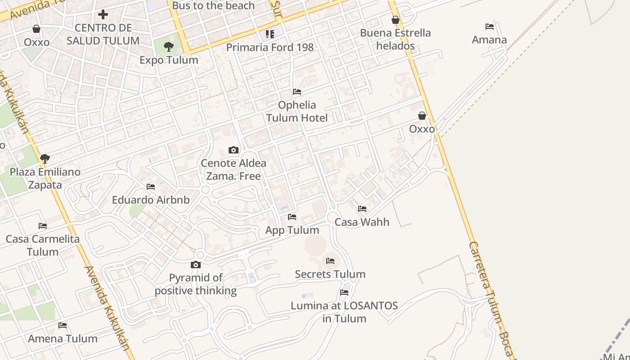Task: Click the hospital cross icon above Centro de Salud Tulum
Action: pyautogui.click(x=103, y=14)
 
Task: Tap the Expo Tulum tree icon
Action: pyautogui.click(x=169, y=46)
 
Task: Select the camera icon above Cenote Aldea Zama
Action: pyautogui.click(x=234, y=150)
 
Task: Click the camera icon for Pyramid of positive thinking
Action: pyautogui.click(x=196, y=265)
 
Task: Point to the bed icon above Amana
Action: pyautogui.click(x=490, y=27)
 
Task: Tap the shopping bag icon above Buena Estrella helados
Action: pyautogui.click(x=396, y=20)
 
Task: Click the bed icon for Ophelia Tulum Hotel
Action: pyautogui.click(x=297, y=92)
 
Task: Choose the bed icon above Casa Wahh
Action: pyautogui.click(x=362, y=209)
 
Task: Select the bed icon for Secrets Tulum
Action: pyautogui.click(x=330, y=261)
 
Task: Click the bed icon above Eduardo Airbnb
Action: pyautogui.click(x=151, y=187)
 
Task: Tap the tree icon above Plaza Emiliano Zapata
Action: pyautogui.click(x=45, y=158)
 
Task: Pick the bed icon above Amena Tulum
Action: pyautogui.click(x=63, y=325)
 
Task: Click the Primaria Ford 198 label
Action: pyautogui.click(x=270, y=47)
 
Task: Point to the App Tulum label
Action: pyautogui.click(x=292, y=230)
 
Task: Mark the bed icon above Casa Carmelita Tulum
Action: pyautogui.click(x=43, y=226)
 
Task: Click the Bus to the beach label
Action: pyautogui.click(x=213, y=6)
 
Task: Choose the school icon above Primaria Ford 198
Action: pyautogui.click(x=270, y=34)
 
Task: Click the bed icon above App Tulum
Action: pyautogui.click(x=292, y=217)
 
